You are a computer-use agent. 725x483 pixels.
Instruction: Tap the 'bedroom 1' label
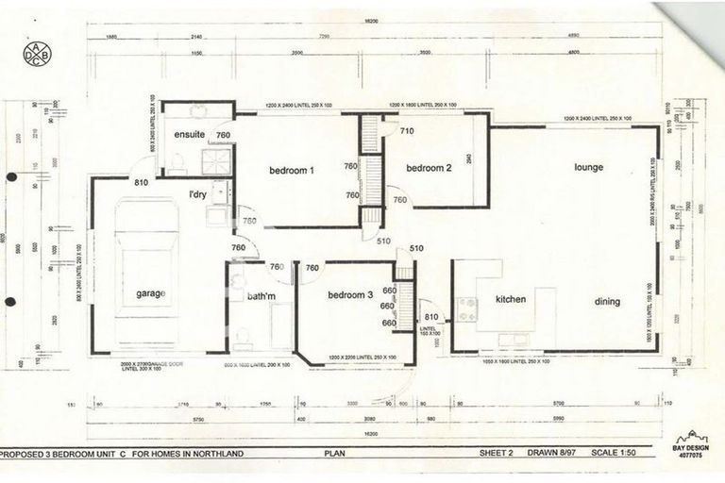[291, 171]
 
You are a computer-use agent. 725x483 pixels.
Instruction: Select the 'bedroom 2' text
[429, 168]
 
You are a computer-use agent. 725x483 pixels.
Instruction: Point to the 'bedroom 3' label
[350, 295]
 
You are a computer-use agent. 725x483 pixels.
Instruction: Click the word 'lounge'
[588, 168]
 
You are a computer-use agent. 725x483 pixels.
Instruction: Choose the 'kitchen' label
[510, 300]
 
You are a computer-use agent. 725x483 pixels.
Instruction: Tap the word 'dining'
[607, 302]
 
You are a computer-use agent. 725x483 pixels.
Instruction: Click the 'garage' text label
[150, 293]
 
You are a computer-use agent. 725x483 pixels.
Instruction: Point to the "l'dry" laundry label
[197, 195]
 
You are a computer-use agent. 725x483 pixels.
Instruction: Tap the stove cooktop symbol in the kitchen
[466, 308]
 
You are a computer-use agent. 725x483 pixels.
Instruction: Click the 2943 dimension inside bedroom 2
[469, 160]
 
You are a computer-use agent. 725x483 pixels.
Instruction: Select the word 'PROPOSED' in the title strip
[25, 453]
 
